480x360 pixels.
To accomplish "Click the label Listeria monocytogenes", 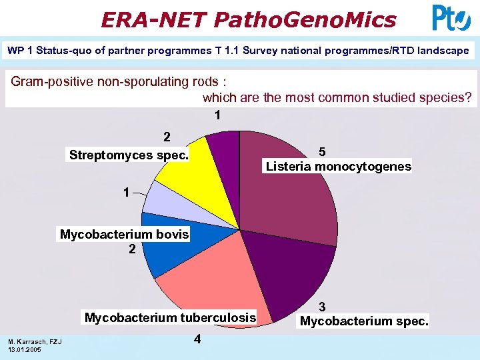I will (x=339, y=167).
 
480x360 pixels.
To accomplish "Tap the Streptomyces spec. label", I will (x=129, y=155).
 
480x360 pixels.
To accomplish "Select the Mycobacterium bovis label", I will (x=125, y=235).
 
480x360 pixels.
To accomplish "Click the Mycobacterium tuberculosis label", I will (x=170, y=317).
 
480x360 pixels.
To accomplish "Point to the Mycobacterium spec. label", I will (x=365, y=321).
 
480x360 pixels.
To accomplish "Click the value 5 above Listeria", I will (x=322, y=151).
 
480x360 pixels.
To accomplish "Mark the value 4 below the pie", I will (x=197, y=339).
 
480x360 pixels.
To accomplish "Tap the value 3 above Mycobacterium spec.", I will (x=322, y=307).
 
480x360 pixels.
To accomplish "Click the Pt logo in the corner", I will (x=451, y=18).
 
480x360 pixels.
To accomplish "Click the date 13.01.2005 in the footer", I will (x=25, y=350).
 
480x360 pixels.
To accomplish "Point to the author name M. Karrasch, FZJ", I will (x=35, y=342).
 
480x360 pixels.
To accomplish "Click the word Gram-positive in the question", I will (x=47, y=82).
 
